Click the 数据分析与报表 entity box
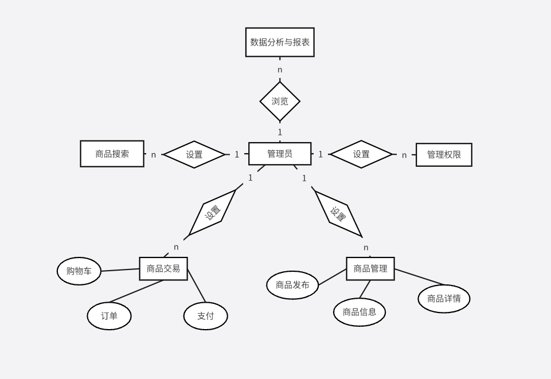pyautogui.click(x=280, y=42)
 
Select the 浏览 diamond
pyautogui.click(x=280, y=101)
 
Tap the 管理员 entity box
pyautogui.click(x=280, y=154)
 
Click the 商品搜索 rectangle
pyautogui.click(x=112, y=154)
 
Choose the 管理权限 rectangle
pyautogui.click(x=444, y=155)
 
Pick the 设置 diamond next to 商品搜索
pyautogui.click(x=194, y=154)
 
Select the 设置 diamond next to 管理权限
pyautogui.click(x=361, y=154)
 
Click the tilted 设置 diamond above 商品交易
pyautogui.click(x=213, y=213)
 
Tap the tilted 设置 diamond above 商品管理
pyautogui.click(x=338, y=214)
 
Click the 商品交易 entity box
pyautogui.click(x=163, y=268)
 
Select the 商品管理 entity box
pyautogui.click(x=370, y=268)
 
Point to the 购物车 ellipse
pyautogui.click(x=79, y=271)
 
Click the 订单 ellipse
pyautogui.click(x=109, y=316)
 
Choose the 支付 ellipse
pyautogui.click(x=205, y=316)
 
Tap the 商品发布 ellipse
pyautogui.click(x=292, y=285)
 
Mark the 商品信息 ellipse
pyautogui.click(x=359, y=312)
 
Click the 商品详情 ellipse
pyautogui.click(x=444, y=299)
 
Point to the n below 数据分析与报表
pyautogui.click(x=280, y=70)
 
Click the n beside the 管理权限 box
pyautogui.click(x=404, y=155)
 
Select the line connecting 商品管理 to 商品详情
pyautogui.click(x=419, y=276)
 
